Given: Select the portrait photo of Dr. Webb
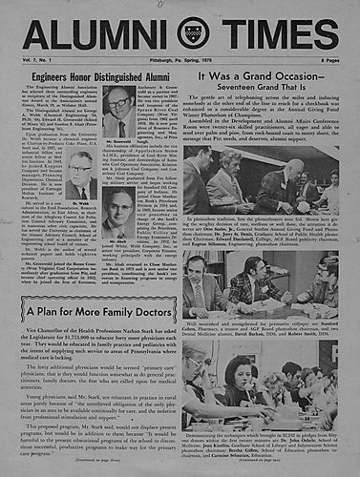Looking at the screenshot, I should (x=81, y=181).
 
